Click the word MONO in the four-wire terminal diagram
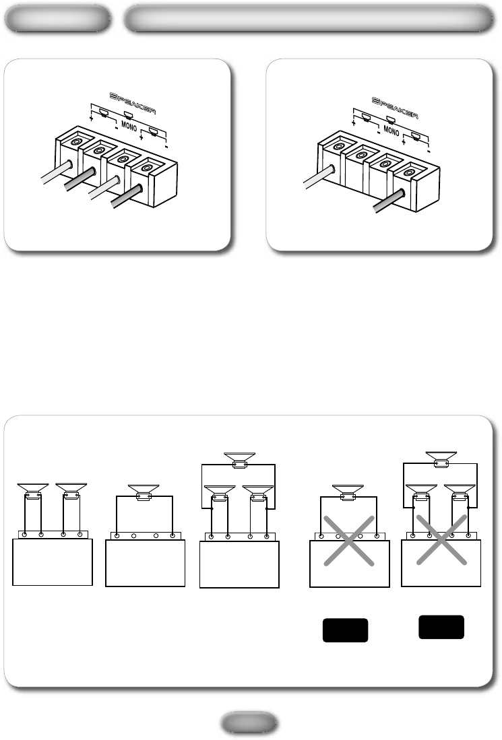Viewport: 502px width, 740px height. coord(129,126)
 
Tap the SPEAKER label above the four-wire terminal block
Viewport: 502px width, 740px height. coord(133,102)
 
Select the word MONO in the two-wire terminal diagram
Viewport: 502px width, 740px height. coord(391,130)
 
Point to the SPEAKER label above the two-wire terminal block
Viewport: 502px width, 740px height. coord(395,108)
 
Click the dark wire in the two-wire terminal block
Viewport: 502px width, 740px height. coord(389,201)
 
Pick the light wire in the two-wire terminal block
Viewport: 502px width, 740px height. coord(319,176)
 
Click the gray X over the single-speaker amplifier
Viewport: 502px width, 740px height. coord(349,541)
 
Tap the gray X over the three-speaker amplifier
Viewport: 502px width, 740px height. coord(441,539)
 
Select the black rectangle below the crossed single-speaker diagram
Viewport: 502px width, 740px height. coord(345,630)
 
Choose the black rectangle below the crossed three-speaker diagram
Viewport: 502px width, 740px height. coord(441,627)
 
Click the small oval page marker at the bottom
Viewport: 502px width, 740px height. coord(249,723)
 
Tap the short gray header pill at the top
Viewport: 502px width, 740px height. coord(57,19)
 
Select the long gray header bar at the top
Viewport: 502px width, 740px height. coord(309,19)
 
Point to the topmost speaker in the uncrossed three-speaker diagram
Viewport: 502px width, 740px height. coord(239,460)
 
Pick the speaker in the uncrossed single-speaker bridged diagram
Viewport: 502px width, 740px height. coord(144,492)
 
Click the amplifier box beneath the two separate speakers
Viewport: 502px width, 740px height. coord(53,562)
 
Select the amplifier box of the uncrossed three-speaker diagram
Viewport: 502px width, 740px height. coord(239,564)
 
